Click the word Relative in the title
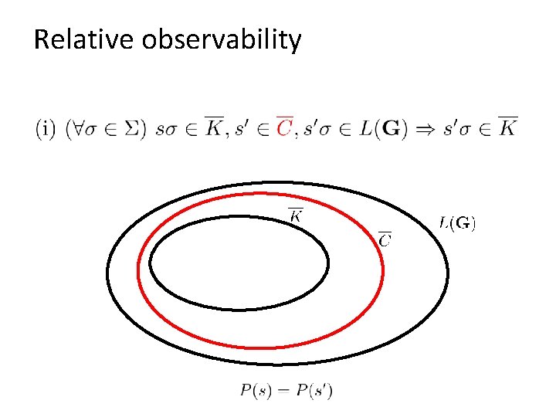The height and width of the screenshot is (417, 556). pyautogui.click(x=84, y=39)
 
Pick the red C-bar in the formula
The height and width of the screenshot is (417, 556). pyautogui.click(x=283, y=127)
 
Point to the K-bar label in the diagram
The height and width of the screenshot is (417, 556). pyautogui.click(x=295, y=214)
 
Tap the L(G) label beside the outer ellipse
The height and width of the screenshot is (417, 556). pyautogui.click(x=457, y=224)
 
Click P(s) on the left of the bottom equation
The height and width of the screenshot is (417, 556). pyautogui.click(x=256, y=391)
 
